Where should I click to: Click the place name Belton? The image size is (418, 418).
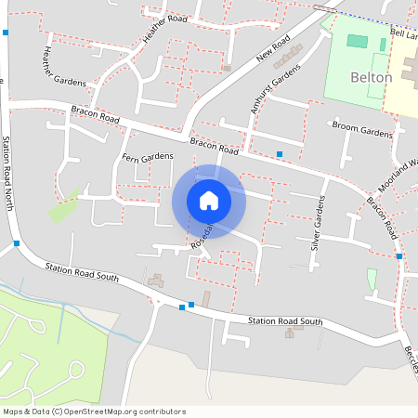tap(371, 78)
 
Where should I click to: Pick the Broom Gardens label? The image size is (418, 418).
tap(363, 132)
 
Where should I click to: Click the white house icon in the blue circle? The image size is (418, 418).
tap(209, 201)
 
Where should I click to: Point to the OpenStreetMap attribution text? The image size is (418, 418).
tap(94, 411)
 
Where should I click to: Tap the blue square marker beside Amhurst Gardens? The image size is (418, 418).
tap(280, 154)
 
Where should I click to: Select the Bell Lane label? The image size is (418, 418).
tap(404, 33)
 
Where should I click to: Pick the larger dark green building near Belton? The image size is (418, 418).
tap(357, 41)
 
